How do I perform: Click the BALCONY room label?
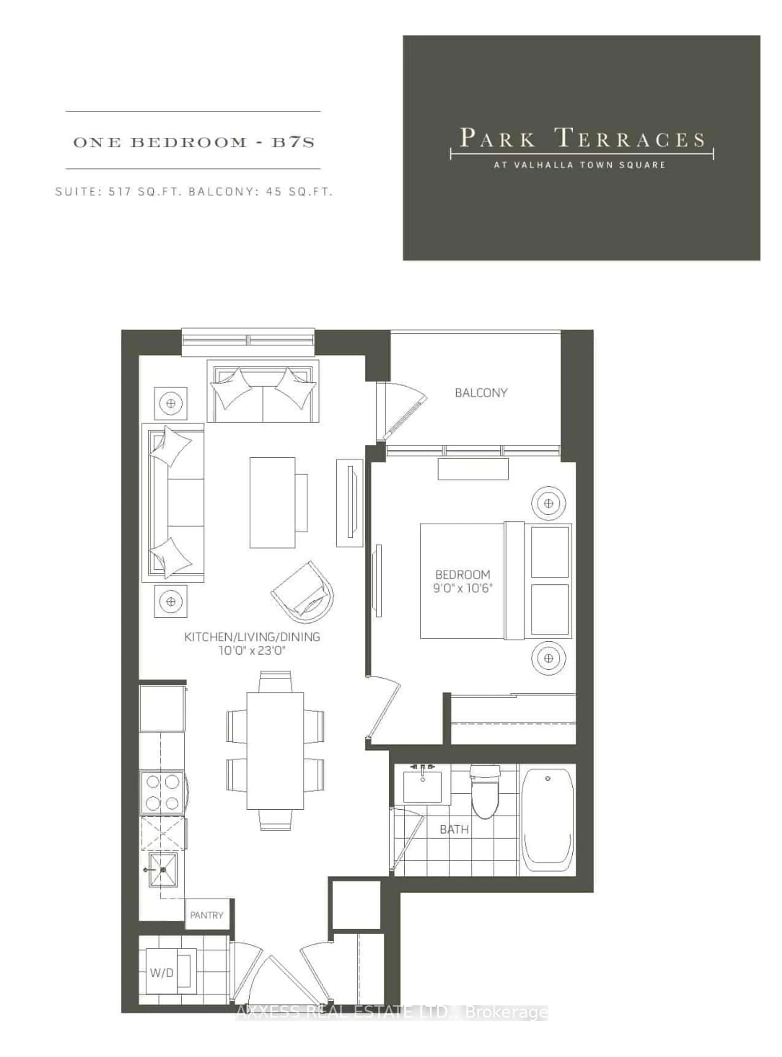click(480, 393)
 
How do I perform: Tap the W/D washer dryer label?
click(161, 973)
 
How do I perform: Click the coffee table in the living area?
click(273, 503)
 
